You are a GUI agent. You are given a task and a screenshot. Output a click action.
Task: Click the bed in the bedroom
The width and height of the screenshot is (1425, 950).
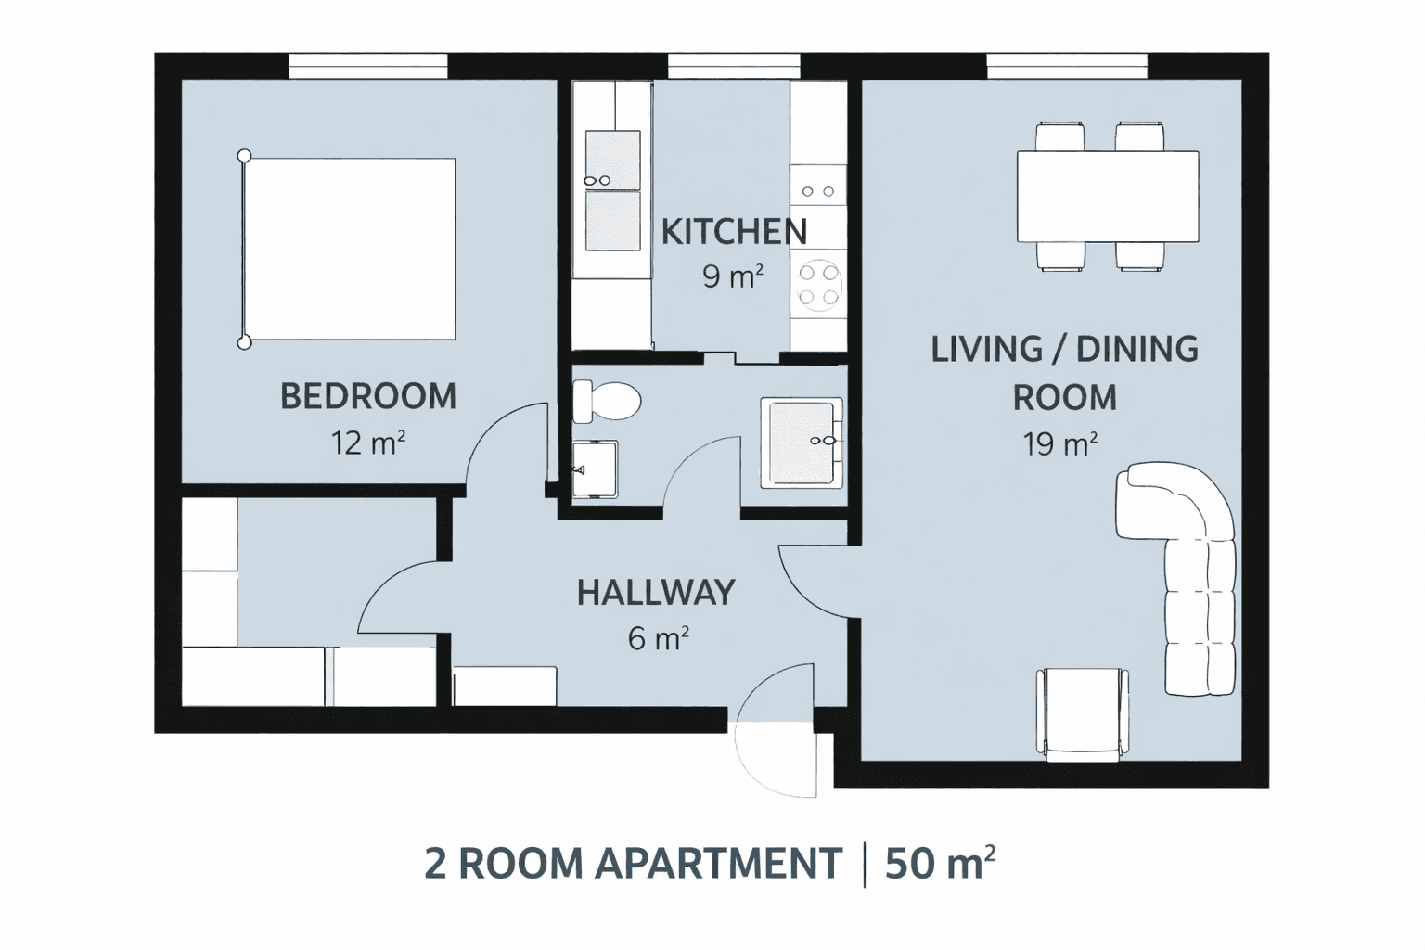click(350, 249)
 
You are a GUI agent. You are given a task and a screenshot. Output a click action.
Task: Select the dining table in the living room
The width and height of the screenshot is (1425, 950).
click(1108, 196)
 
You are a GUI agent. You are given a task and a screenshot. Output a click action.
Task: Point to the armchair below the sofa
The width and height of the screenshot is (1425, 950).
click(1083, 712)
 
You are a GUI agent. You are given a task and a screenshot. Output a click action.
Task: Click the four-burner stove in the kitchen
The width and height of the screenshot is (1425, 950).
click(818, 285)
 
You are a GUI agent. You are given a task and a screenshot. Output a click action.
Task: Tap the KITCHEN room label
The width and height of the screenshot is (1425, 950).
click(734, 232)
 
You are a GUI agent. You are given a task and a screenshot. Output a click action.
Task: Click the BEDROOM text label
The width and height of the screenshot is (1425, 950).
click(368, 397)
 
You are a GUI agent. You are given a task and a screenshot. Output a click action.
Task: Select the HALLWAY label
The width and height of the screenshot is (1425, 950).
click(656, 593)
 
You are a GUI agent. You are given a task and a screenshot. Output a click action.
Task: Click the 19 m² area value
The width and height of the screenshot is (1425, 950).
click(1060, 444)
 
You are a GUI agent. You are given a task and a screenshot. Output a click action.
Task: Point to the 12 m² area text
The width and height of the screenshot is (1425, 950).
click(368, 443)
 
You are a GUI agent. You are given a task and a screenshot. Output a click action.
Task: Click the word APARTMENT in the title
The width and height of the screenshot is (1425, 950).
click(717, 864)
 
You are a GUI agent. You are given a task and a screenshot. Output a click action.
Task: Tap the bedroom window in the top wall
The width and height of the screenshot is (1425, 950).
click(368, 66)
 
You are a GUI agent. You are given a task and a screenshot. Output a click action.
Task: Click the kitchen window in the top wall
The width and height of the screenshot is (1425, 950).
click(734, 66)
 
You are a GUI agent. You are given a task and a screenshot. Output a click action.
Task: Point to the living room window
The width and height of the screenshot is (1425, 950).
click(1067, 66)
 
